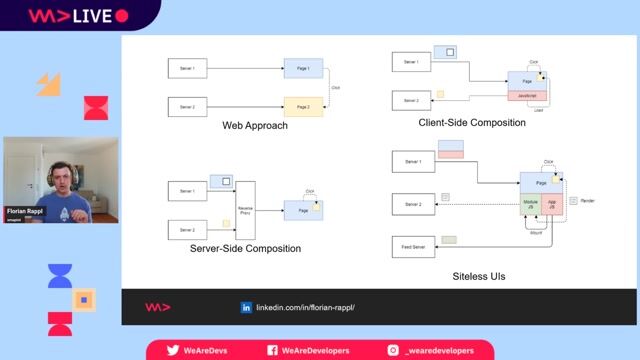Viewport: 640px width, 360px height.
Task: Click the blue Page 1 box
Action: pos(303,69)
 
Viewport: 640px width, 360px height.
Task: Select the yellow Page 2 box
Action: pos(303,106)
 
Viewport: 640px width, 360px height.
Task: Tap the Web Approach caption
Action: pos(255,126)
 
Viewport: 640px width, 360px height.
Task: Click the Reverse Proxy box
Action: pos(245,210)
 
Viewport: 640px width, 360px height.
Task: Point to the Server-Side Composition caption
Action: pos(245,248)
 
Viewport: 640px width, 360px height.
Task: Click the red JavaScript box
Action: pos(529,96)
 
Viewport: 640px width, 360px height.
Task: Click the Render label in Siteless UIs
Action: pos(588,201)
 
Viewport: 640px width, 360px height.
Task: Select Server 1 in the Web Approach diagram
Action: pos(187,69)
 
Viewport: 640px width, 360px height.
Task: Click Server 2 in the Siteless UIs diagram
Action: pos(413,203)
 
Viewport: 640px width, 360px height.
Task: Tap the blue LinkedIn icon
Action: pos(246,307)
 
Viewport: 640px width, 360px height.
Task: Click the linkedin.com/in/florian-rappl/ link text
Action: pos(306,307)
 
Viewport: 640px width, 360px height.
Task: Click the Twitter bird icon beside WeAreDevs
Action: pos(173,350)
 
